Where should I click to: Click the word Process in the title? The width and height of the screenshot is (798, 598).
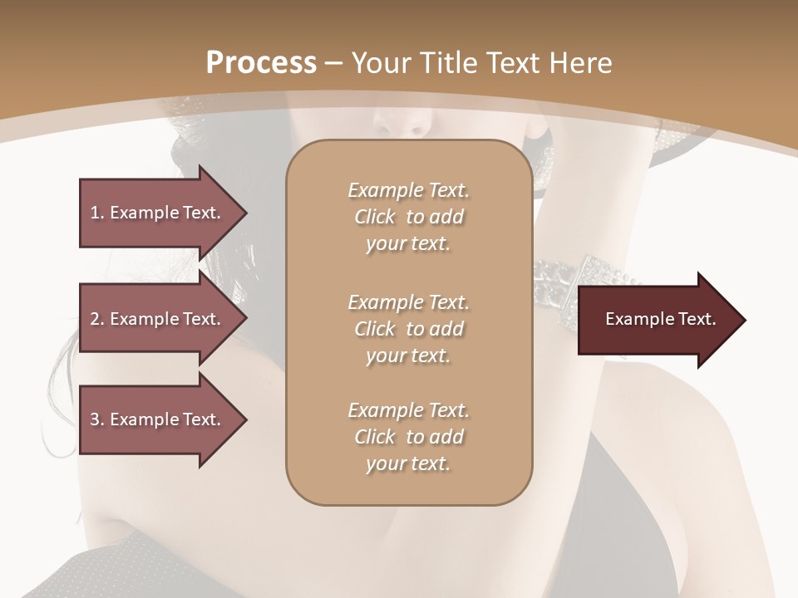coord(261,63)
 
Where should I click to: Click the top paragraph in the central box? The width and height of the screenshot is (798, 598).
coord(408,217)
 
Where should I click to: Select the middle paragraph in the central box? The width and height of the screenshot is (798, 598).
coord(408,329)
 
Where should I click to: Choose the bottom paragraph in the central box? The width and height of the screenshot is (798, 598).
coord(408,437)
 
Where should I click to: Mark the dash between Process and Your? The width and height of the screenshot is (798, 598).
coord(334,64)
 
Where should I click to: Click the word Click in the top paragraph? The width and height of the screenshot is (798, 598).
coord(375,218)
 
